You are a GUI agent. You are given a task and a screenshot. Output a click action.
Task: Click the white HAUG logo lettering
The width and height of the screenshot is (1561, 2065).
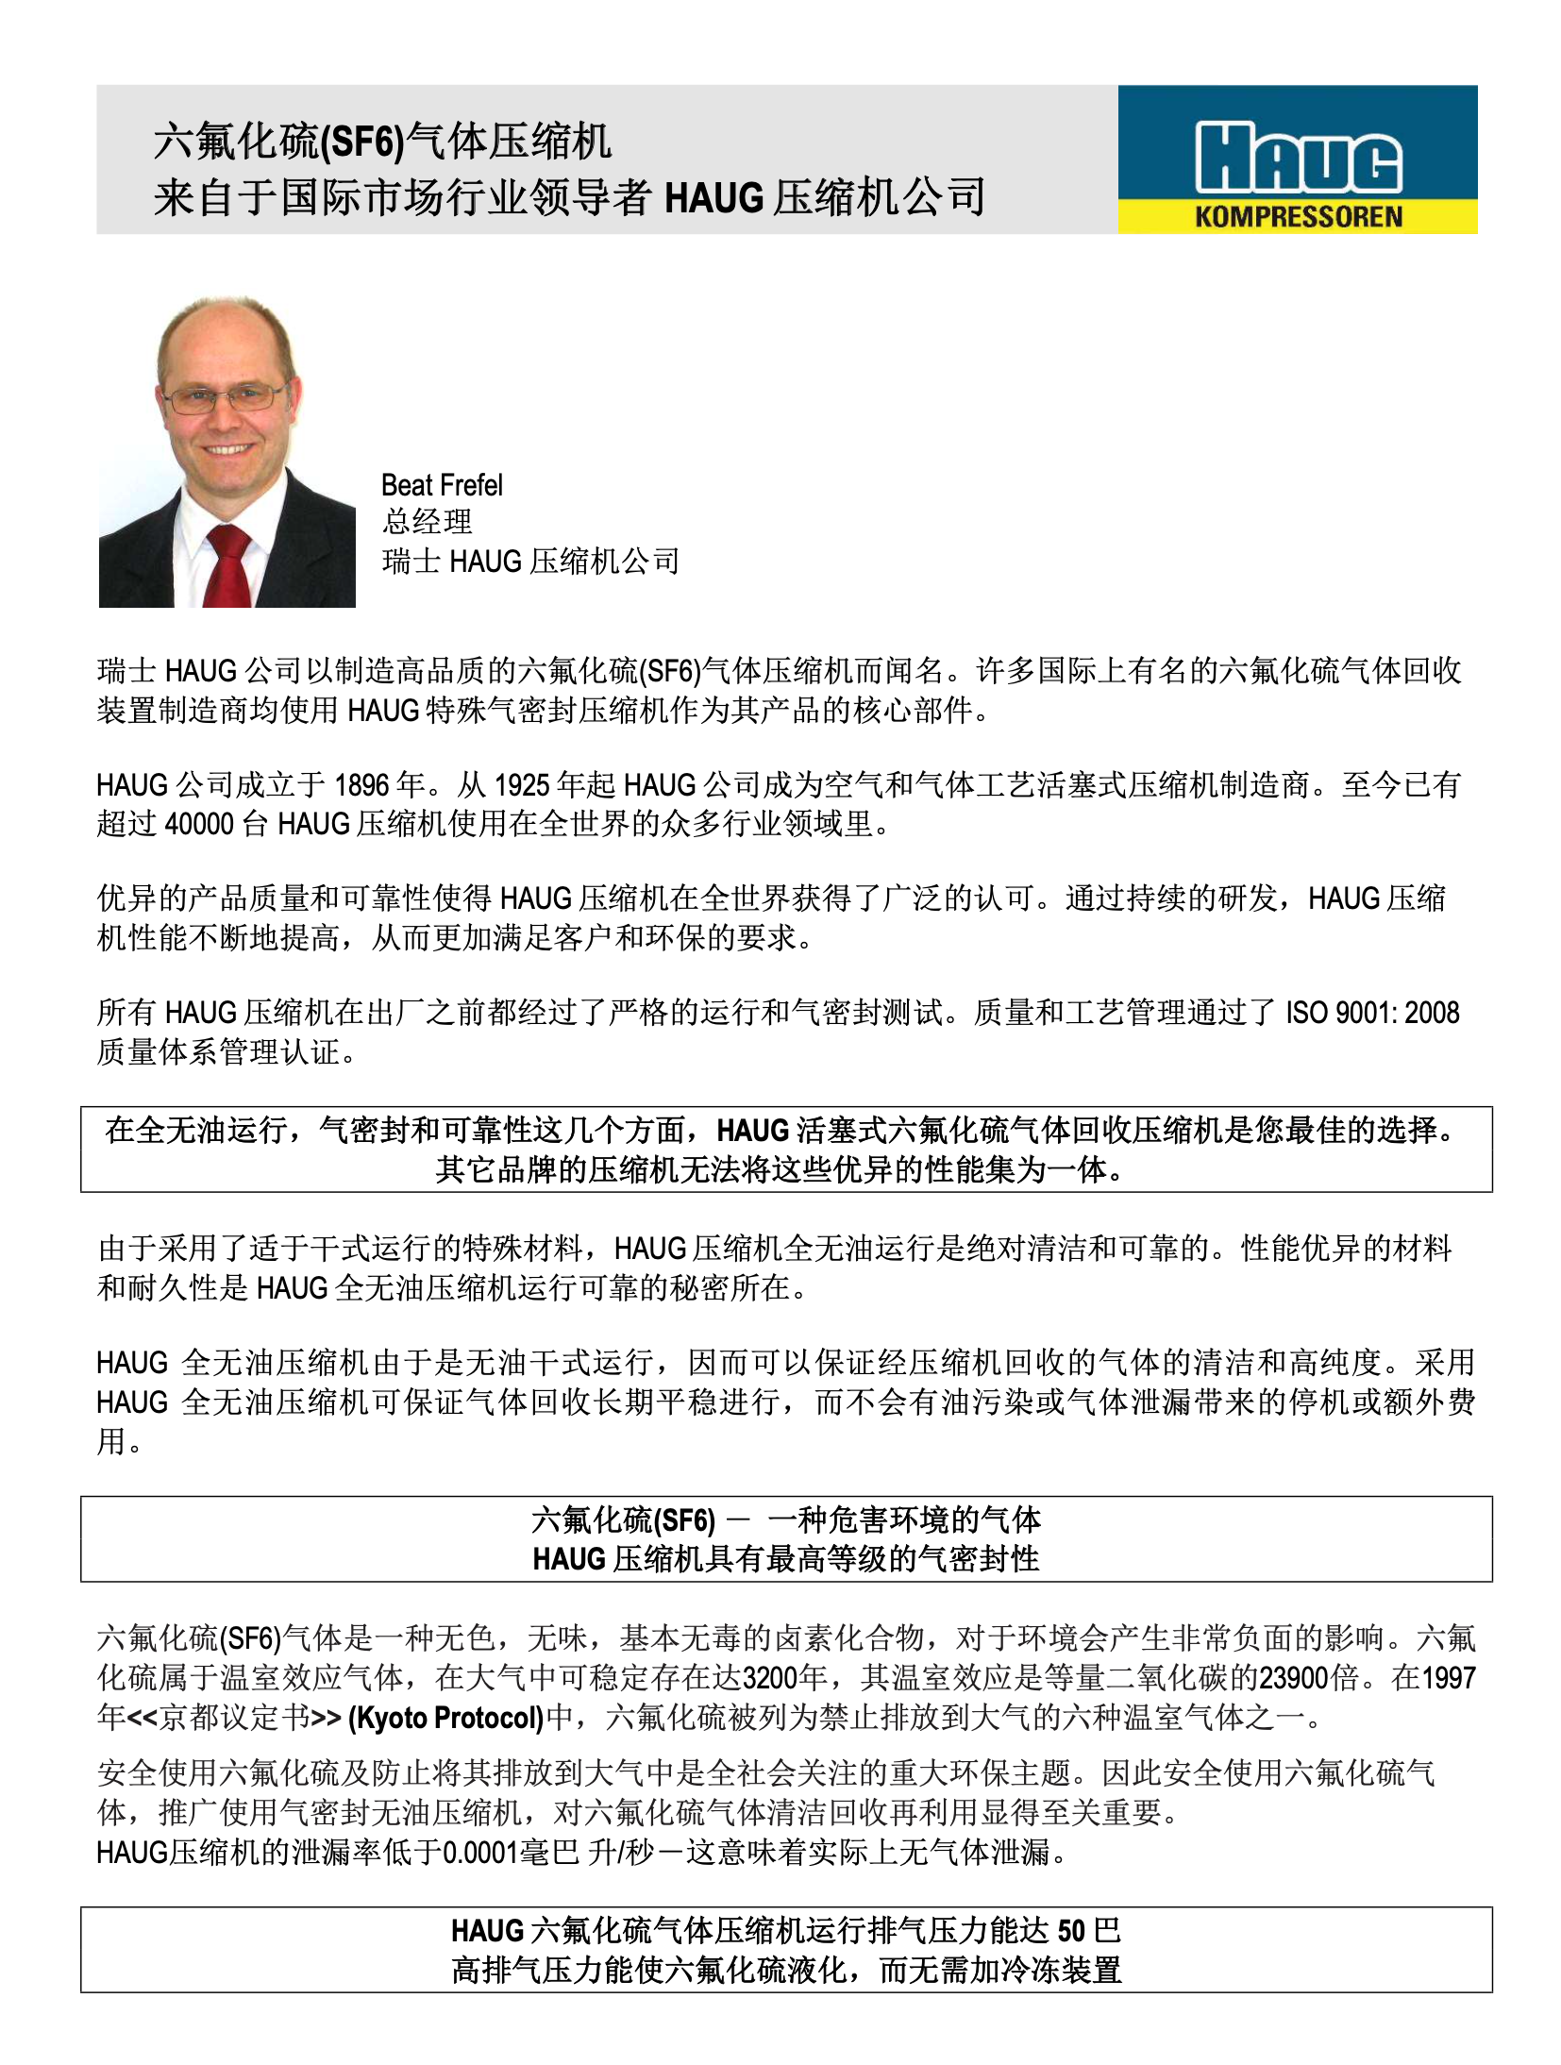(x=1298, y=158)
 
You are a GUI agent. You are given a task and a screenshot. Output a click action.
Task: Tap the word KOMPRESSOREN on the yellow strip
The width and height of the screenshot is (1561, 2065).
(x=1298, y=217)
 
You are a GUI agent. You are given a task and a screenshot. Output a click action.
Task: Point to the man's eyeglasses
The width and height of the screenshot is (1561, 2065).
(x=225, y=397)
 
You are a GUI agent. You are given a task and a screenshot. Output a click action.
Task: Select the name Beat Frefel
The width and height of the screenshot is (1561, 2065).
(x=442, y=485)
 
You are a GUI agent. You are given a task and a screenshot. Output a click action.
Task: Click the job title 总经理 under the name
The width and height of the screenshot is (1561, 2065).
(x=428, y=522)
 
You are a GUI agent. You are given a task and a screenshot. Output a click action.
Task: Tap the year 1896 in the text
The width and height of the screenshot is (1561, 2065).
(x=362, y=784)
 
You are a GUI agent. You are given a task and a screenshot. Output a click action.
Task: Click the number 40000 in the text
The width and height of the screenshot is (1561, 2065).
(x=198, y=824)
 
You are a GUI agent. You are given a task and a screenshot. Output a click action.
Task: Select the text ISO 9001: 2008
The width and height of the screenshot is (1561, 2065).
(x=1372, y=1013)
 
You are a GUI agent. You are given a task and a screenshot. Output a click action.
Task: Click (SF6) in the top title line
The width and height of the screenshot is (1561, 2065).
(x=362, y=143)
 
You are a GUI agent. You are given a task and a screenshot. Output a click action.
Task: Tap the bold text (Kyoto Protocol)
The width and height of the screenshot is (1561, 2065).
(x=445, y=1717)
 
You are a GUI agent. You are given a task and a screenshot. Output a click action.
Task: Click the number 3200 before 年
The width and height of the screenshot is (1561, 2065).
(x=770, y=1677)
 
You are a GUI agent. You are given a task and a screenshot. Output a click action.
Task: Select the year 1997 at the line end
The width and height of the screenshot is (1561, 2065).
(x=1448, y=1677)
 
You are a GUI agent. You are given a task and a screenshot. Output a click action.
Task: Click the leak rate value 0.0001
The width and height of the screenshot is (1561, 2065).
(x=479, y=1853)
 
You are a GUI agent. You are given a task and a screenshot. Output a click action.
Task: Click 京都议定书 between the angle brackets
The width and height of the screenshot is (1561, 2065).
(x=233, y=1717)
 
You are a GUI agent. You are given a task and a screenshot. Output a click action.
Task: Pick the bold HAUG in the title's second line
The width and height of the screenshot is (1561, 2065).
(x=714, y=198)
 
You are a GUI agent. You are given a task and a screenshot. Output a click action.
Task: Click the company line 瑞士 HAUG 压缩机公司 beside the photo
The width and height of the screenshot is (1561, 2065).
(x=530, y=562)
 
